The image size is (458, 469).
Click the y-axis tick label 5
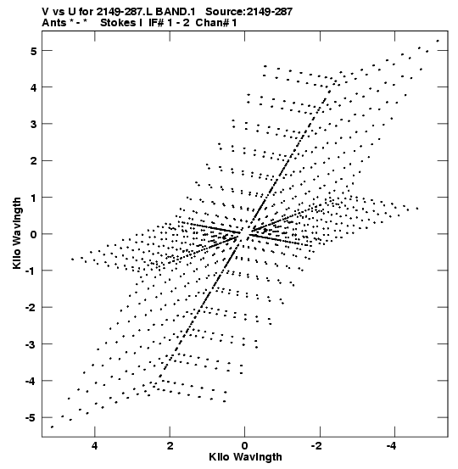[x=34, y=51]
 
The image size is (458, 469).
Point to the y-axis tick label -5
[x=31, y=418]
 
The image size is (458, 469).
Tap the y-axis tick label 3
[x=34, y=125]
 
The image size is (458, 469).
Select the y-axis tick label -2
[x=31, y=308]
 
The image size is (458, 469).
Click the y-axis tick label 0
[x=34, y=234]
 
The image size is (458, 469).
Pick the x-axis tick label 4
[x=95, y=446]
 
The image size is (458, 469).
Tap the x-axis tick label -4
[x=392, y=446]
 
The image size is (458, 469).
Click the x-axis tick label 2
[x=170, y=446]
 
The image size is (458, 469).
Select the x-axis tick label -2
[x=317, y=446]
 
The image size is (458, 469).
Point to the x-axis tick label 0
[x=245, y=446]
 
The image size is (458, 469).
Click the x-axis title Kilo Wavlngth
[x=245, y=457]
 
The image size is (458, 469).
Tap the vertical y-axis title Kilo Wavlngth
[x=17, y=233]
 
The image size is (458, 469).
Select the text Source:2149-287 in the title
[x=249, y=12]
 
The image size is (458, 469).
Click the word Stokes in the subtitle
[x=119, y=23]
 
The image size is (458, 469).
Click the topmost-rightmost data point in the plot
[x=438, y=41]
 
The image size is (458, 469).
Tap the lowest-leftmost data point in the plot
[x=52, y=427]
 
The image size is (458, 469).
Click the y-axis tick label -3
[x=31, y=344]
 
